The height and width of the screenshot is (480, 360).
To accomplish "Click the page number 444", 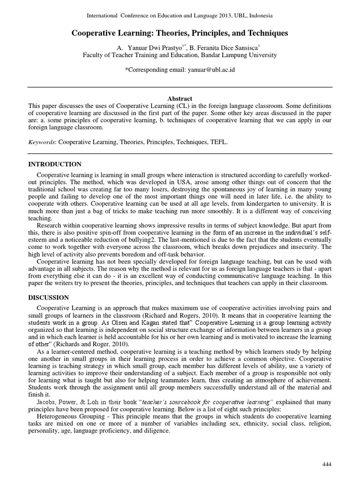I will pyautogui.click(x=327, y=464).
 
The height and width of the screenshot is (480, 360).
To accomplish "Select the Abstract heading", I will pyautogui.click(x=180, y=98).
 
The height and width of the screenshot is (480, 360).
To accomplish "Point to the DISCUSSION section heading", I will pyautogui.click(x=49, y=298).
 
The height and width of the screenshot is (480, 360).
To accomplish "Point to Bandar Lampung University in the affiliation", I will pyautogui.click(x=239, y=55).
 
